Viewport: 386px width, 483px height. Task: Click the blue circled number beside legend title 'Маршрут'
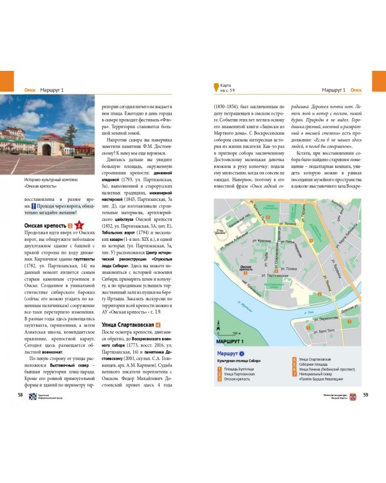(241, 354)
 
